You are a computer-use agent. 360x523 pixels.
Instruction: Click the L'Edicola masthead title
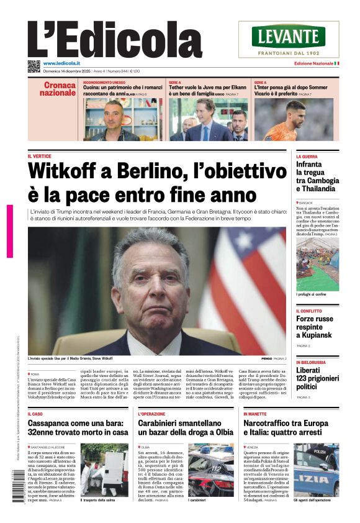115,40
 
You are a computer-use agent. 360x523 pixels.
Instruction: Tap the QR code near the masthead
34,66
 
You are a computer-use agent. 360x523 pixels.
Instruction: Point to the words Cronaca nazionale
58,89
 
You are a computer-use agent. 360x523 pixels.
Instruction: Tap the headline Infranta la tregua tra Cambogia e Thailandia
317,176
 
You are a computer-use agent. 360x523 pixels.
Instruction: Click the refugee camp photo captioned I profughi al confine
317,265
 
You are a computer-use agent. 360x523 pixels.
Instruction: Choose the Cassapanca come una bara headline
78,427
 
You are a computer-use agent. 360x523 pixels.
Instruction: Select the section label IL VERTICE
39,156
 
